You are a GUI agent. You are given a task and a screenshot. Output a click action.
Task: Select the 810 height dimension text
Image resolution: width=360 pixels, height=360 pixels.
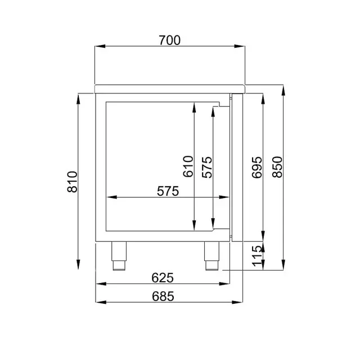pos(72,182)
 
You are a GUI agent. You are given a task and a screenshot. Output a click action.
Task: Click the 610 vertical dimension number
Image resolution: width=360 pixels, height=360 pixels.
pos(187,167)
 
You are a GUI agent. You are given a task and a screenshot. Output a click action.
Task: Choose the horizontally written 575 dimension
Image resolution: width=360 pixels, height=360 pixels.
pos(168,191)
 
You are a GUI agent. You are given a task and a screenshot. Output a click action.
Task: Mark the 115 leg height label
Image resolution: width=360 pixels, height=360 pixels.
pos(256,256)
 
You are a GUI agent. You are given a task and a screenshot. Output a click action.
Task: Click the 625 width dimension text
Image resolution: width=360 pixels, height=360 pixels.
pos(161,277)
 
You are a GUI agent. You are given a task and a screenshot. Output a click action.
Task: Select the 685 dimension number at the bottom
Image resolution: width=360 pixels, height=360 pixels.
pos(161,295)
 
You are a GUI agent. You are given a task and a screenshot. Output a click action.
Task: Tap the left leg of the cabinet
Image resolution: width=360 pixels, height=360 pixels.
pos(120,255)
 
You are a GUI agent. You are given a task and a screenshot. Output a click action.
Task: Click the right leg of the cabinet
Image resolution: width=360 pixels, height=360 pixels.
pos(212,255)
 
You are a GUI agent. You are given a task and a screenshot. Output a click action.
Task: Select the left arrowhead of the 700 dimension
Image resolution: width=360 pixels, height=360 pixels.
pos(98,47)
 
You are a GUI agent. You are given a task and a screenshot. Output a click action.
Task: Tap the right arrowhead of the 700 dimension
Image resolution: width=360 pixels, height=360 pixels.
pos(243,47)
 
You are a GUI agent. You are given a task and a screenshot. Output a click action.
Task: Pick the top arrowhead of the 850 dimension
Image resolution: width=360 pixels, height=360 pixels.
pos(284,88)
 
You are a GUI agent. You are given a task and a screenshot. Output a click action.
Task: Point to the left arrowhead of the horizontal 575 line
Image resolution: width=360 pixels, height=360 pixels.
pos(111,197)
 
